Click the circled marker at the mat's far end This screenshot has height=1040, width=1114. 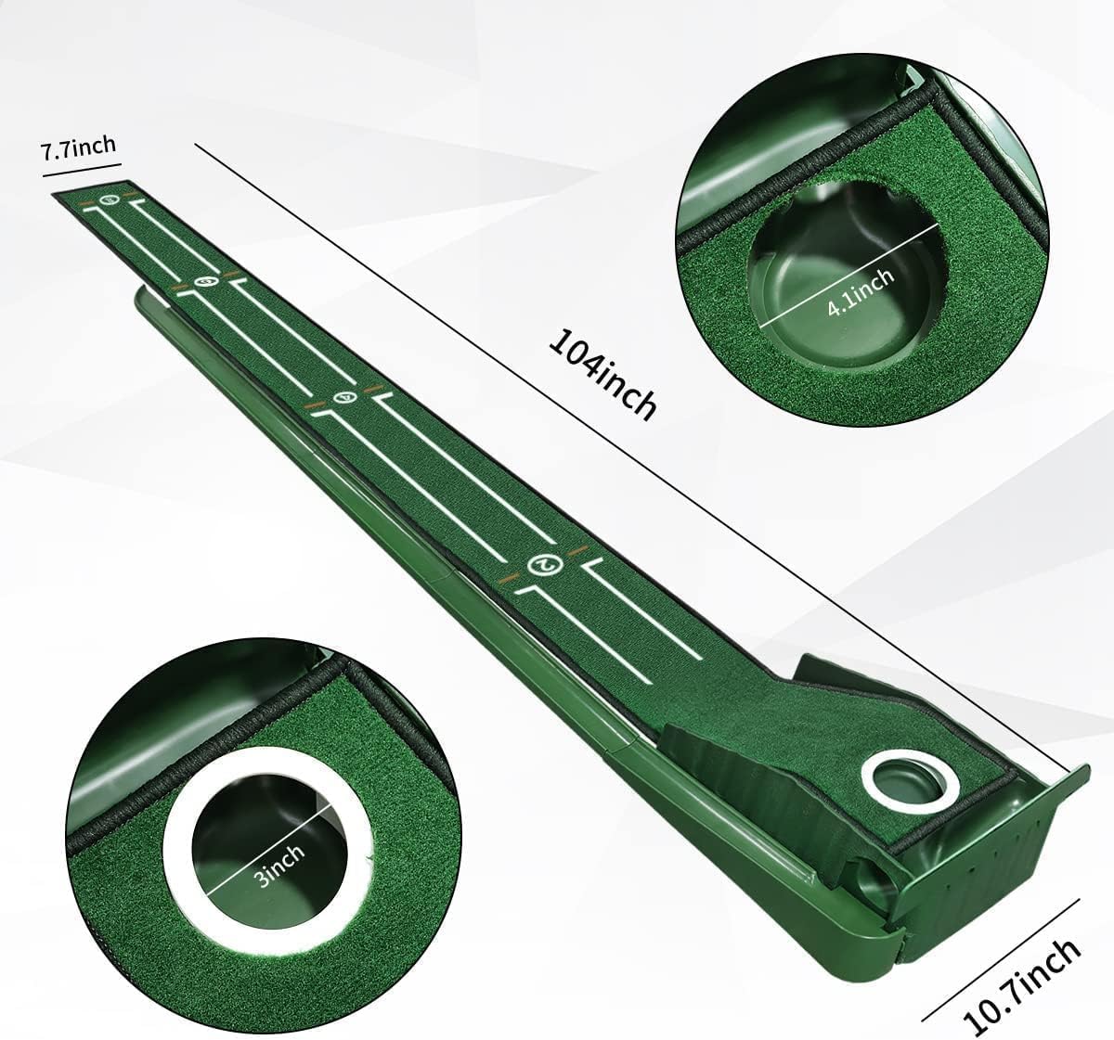(x=110, y=199)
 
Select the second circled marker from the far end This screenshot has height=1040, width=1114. (x=208, y=281)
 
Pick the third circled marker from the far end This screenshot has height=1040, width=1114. (x=343, y=398)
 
